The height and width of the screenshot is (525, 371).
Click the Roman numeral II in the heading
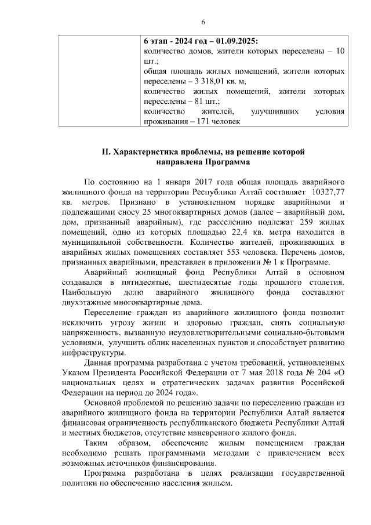[106, 152]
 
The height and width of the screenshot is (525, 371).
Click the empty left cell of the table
[99, 81]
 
